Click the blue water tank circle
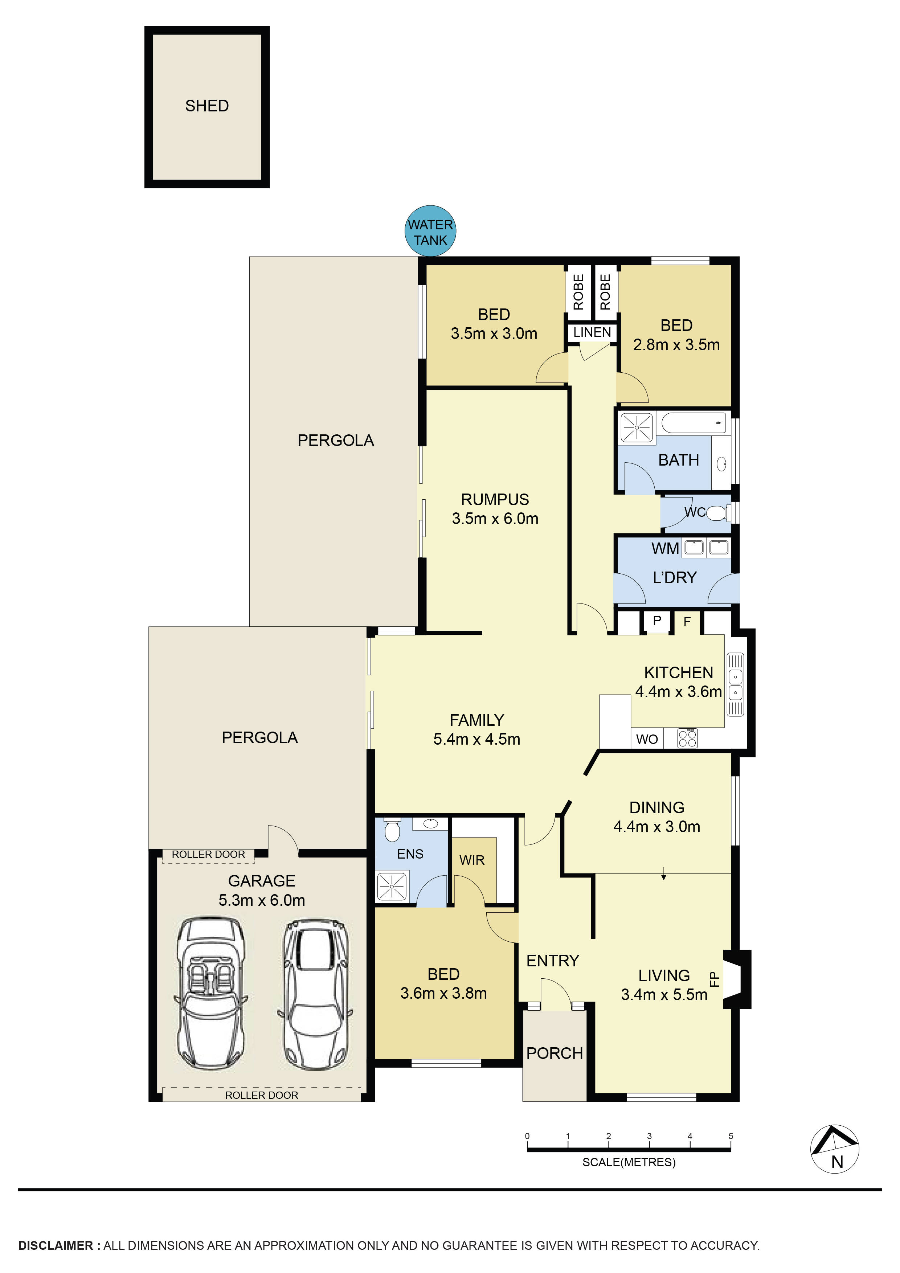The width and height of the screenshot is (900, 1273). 430,231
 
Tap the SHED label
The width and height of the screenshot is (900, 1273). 207,106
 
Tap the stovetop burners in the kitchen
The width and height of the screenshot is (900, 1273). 688,738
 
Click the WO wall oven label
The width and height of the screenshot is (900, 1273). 647,739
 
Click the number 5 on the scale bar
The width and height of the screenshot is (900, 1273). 731,1135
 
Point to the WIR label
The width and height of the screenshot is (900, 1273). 472,860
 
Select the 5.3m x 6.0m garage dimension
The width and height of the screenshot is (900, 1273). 262,900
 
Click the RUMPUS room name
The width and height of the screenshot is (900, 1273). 495,500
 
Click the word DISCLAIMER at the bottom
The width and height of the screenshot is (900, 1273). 56,1245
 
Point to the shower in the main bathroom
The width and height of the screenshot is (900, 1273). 637,427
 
